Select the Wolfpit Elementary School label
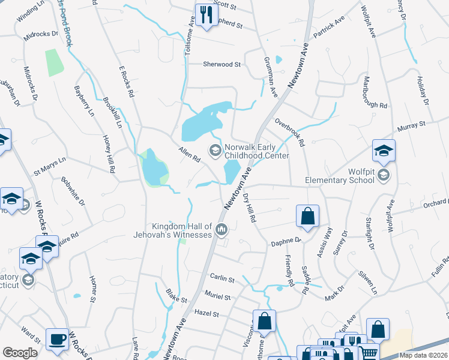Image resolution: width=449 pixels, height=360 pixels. tap(348, 175)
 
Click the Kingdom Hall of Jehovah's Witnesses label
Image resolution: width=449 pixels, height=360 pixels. tap(173, 230)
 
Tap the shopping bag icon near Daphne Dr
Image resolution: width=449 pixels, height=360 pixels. tap(307, 217)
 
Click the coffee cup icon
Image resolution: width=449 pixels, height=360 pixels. tap(58, 340)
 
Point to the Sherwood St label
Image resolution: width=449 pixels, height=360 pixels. tap(221, 64)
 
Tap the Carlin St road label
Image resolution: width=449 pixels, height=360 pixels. tap(221, 278)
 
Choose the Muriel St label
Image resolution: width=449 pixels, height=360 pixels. tap(217, 297)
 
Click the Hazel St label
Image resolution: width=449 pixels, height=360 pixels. tap(206, 313)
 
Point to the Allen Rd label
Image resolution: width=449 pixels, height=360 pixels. tap(188, 154)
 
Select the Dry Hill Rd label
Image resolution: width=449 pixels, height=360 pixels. tap(250, 208)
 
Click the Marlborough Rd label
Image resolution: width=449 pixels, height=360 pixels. tap(374, 95)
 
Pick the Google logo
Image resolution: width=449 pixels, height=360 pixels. tap(20, 353)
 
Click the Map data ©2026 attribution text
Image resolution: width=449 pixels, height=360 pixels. tap(423, 355)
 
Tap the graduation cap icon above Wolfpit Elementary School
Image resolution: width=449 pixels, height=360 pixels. tap(384, 151)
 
